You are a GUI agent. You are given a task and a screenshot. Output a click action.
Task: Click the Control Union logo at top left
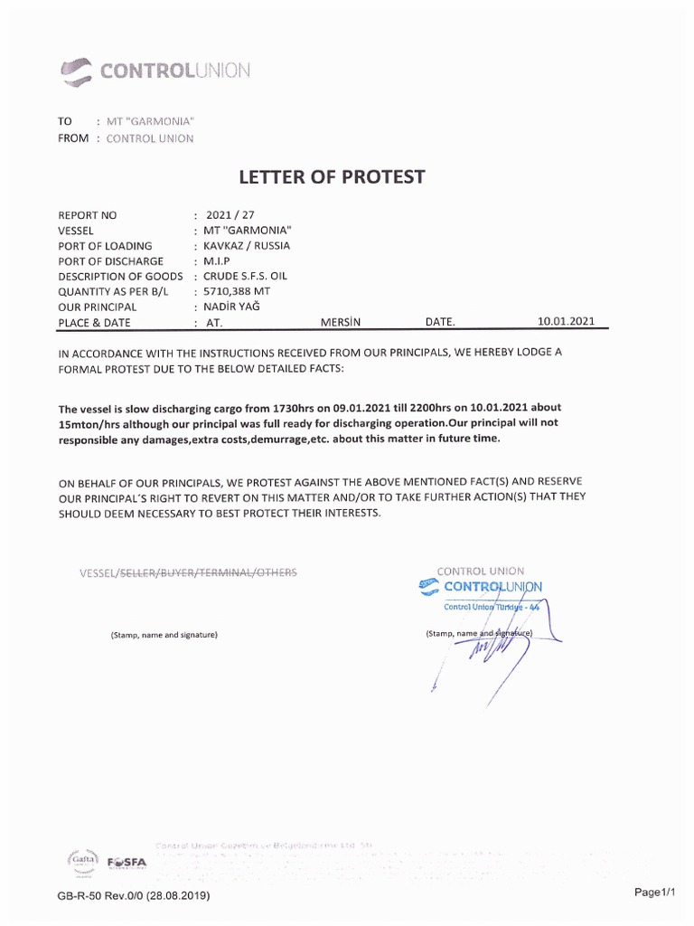(155, 70)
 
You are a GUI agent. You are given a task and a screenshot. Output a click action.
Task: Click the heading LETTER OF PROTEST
(331, 176)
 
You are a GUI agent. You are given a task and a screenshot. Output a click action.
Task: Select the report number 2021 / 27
(225, 215)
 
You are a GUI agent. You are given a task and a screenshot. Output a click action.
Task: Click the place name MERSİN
(341, 322)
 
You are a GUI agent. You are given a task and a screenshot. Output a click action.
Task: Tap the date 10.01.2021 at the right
(567, 321)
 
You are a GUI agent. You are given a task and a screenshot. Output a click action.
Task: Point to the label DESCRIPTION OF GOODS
(120, 276)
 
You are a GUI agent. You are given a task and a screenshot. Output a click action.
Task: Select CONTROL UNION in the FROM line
(149, 138)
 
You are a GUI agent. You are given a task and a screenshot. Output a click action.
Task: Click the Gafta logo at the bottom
(83, 859)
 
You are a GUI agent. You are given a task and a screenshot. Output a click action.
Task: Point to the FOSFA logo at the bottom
(126, 862)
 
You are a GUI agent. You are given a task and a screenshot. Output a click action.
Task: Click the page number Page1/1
(655, 893)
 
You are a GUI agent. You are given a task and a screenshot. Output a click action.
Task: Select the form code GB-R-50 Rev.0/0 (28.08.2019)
(134, 895)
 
